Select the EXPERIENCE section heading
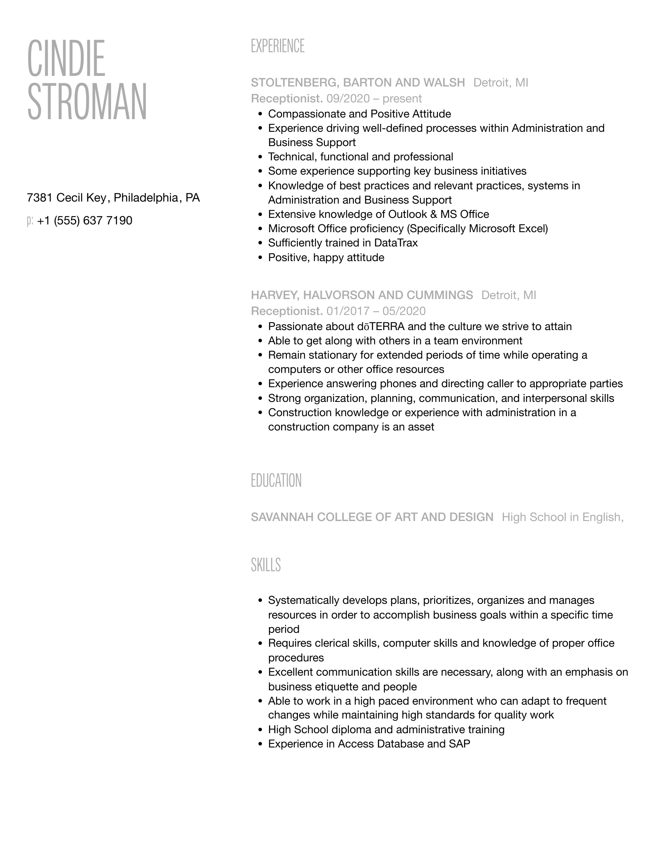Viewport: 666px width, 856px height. point(277,46)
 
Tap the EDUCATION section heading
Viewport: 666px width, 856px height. point(276,481)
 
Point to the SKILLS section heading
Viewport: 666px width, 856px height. point(266,565)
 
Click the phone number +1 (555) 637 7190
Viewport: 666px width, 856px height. point(84,221)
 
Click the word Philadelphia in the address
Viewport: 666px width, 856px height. point(146,198)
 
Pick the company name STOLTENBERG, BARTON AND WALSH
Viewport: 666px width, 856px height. point(357,82)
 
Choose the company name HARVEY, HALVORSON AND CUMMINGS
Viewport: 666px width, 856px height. point(362,295)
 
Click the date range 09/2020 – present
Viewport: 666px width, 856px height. point(374,98)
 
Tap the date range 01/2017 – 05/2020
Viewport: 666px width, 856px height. point(375,311)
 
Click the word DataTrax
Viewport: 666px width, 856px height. point(396,243)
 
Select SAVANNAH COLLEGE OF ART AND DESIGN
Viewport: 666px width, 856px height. point(372,517)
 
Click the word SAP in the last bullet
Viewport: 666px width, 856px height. point(460,744)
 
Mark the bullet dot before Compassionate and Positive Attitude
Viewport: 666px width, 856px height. point(260,114)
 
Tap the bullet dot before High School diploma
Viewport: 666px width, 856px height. point(260,730)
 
